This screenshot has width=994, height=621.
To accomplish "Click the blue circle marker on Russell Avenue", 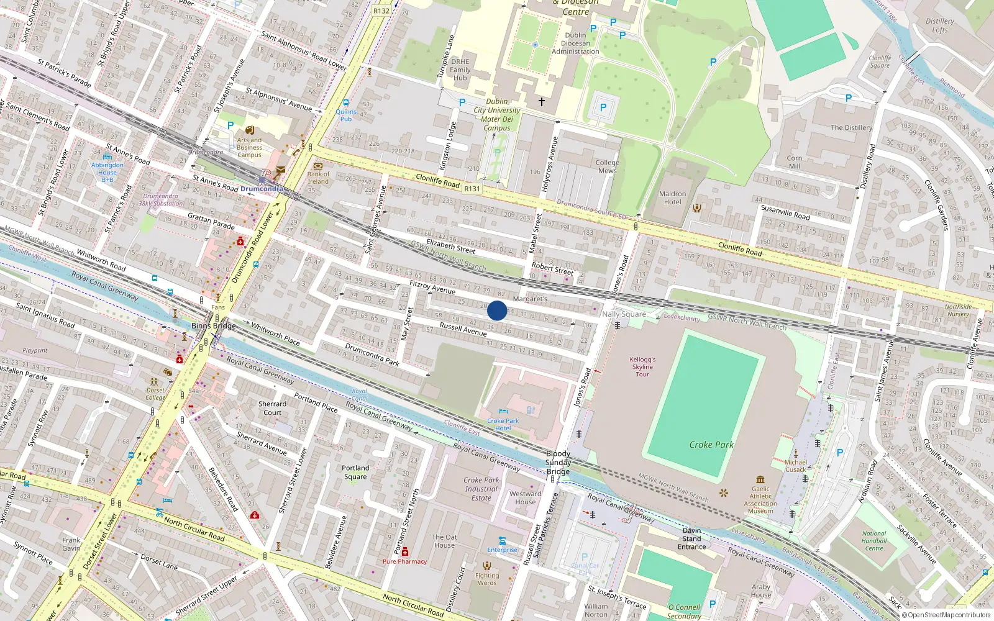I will click(x=497, y=310).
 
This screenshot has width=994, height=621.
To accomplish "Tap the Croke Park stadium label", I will click(x=711, y=445).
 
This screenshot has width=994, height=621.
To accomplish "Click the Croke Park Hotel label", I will click(x=503, y=424).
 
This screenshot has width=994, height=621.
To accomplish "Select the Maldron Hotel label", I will click(x=672, y=198).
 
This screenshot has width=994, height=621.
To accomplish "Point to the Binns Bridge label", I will click(x=213, y=326).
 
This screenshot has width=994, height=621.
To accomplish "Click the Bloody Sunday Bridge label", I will click(x=558, y=463).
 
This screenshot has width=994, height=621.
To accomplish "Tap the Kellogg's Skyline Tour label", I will click(x=642, y=366).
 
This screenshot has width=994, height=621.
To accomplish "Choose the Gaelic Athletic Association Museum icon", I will click(x=760, y=479).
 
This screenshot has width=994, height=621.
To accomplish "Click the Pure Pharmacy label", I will click(x=404, y=561).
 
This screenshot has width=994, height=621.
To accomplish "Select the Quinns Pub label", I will click(x=346, y=116).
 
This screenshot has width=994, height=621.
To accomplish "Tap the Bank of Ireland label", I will click(x=318, y=178).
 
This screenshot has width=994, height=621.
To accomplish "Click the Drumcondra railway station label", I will click(x=262, y=189).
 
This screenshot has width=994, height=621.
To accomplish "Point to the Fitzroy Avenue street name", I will click(x=432, y=287).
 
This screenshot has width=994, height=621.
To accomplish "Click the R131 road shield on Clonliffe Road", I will click(x=472, y=189).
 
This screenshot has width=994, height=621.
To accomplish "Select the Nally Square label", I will click(x=624, y=314).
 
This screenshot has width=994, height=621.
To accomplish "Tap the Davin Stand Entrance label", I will click(x=691, y=538).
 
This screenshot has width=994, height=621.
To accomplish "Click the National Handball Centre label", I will click(x=874, y=541).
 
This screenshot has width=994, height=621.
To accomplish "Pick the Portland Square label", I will click(x=355, y=473).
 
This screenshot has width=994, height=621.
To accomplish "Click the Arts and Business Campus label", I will click(x=249, y=147).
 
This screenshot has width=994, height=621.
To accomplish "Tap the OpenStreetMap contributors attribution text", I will click(x=946, y=615).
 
